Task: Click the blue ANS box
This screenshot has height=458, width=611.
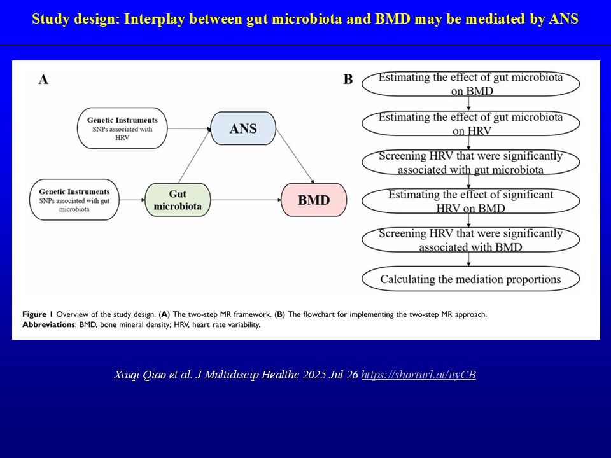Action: (x=243, y=128)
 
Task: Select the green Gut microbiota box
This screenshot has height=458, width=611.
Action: (x=178, y=200)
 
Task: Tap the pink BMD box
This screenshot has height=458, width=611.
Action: (x=314, y=200)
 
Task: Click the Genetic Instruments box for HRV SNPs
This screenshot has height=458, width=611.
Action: (x=122, y=128)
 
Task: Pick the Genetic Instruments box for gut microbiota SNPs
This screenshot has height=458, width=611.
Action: (x=74, y=200)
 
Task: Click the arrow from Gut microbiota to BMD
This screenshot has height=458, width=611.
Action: (x=246, y=200)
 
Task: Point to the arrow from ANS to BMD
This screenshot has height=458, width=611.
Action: (x=295, y=156)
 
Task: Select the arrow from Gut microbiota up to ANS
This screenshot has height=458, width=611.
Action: (x=195, y=156)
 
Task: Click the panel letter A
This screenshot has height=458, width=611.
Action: (x=43, y=80)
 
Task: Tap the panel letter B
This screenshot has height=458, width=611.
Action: (x=348, y=80)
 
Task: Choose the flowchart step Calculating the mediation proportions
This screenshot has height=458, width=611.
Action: (x=471, y=279)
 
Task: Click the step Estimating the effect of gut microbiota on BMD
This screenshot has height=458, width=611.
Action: (x=471, y=84)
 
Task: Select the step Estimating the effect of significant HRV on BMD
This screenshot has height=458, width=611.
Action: (x=471, y=201)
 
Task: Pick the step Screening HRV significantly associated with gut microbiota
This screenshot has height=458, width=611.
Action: (x=471, y=162)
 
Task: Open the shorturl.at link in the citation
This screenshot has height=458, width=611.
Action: (x=419, y=375)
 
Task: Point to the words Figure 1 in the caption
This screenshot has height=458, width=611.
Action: (x=38, y=314)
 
